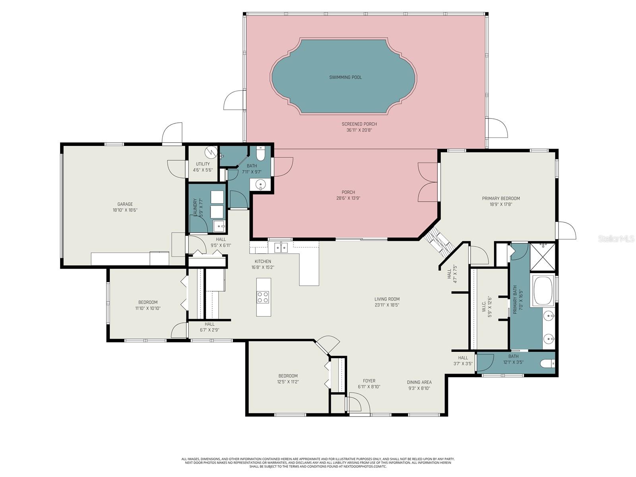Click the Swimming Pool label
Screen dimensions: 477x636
click(x=345, y=78)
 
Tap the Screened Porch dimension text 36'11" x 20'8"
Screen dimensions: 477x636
click(x=359, y=130)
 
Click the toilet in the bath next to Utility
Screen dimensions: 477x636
click(x=261, y=153)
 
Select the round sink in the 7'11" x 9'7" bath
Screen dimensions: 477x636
click(x=260, y=184)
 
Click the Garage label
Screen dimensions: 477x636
click(x=125, y=204)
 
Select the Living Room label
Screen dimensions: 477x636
click(x=387, y=299)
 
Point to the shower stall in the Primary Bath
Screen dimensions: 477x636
click(x=543, y=256)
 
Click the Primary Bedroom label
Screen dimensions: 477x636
click(x=500, y=198)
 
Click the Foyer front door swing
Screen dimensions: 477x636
click(x=358, y=403)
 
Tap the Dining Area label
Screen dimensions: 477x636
click(x=419, y=382)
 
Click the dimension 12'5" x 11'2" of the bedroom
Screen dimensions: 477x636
click(x=288, y=382)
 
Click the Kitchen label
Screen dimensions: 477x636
click(x=263, y=262)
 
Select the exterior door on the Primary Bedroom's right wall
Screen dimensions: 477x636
click(x=566, y=231)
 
